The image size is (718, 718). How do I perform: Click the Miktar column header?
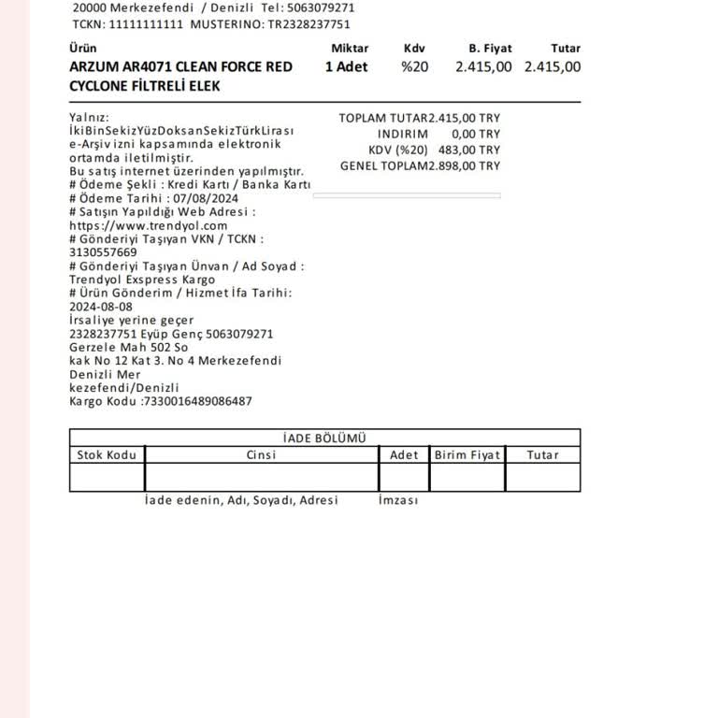350,49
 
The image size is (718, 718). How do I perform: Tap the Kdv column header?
413,49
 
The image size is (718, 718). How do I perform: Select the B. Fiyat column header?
490,49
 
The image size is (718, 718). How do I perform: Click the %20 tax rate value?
414,66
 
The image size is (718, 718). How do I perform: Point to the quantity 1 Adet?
346,66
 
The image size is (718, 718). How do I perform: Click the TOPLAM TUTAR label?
382,119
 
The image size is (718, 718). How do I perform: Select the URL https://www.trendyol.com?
148,225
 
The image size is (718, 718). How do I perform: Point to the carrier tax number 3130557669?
103,252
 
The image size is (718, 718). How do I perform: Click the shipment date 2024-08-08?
100,307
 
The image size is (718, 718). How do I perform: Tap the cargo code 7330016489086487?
197,401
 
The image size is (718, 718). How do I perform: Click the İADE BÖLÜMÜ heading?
324,438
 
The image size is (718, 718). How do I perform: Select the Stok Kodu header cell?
107,455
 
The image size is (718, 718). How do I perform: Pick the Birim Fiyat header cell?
467,455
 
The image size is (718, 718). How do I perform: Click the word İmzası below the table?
398,500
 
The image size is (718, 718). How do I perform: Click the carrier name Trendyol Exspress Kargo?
142,280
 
